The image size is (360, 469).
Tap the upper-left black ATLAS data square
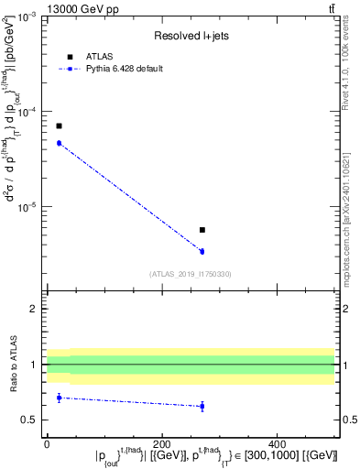[59, 125]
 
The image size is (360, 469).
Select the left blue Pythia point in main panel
[59, 143]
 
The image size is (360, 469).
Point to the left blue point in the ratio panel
[59, 398]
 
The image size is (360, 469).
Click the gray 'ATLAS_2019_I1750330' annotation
[191, 274]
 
